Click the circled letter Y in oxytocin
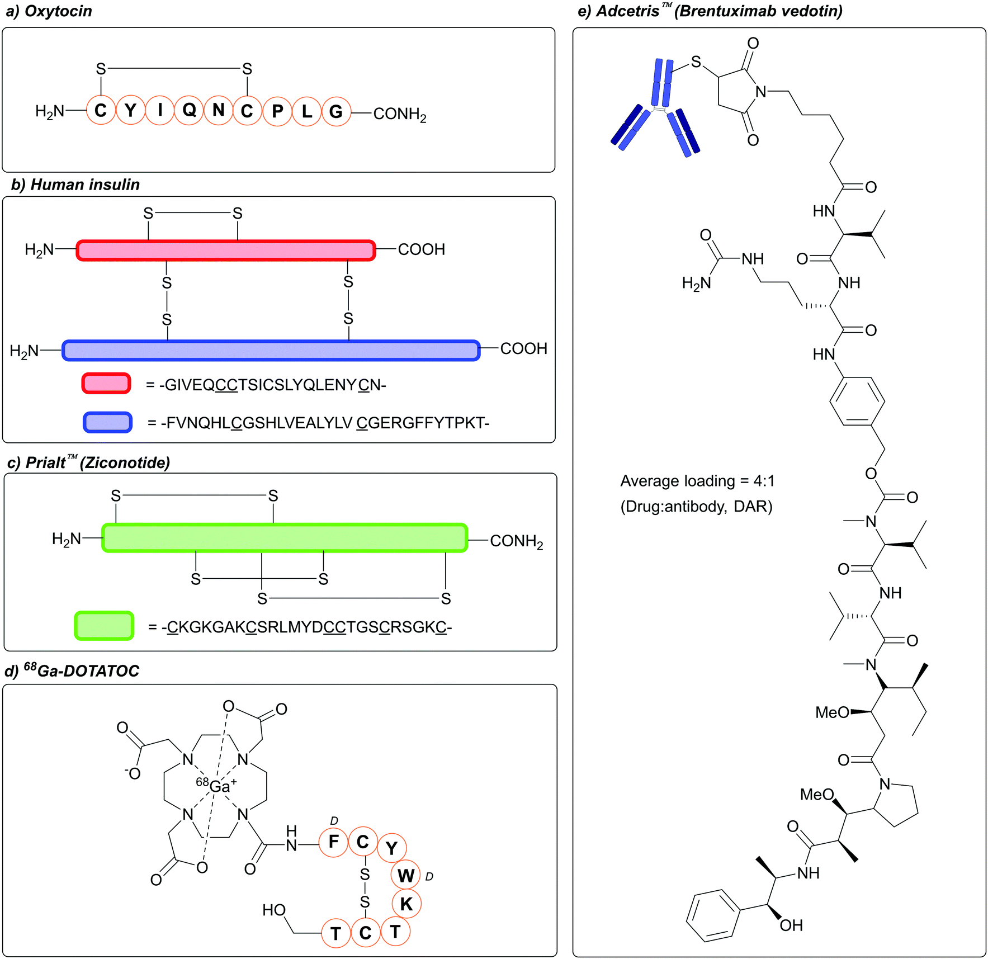(x=130, y=111)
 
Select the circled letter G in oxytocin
(x=336, y=111)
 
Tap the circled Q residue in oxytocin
(x=189, y=111)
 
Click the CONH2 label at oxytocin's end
(x=399, y=114)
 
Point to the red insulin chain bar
(x=225, y=251)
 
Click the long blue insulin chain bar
(x=271, y=350)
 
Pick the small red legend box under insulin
(x=106, y=384)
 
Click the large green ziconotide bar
(x=285, y=538)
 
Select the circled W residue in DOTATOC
(x=406, y=875)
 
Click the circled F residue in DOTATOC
(x=334, y=842)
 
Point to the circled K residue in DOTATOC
(x=406, y=904)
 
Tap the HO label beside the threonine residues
(x=274, y=910)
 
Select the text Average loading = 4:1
(x=697, y=481)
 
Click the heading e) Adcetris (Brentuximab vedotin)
(x=710, y=11)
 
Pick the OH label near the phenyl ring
(x=791, y=925)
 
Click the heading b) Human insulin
(x=75, y=185)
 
